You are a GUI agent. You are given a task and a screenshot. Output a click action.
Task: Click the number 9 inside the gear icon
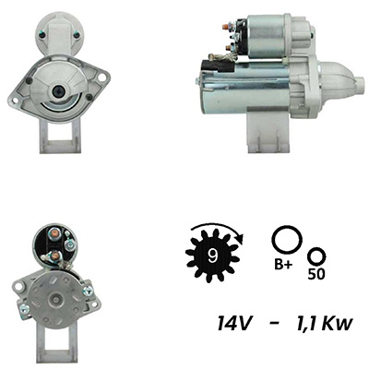(x=212, y=256)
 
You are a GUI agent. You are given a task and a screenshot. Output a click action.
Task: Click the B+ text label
(x=282, y=265)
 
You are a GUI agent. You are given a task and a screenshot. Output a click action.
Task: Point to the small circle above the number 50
(x=316, y=257)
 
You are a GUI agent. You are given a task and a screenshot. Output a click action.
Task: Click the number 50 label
(x=316, y=274)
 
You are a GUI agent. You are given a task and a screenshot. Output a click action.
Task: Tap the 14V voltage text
(x=235, y=324)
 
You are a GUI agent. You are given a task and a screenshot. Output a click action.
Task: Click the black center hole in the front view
(x=58, y=90)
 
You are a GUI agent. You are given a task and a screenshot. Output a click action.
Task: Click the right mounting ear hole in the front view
(x=101, y=77)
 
